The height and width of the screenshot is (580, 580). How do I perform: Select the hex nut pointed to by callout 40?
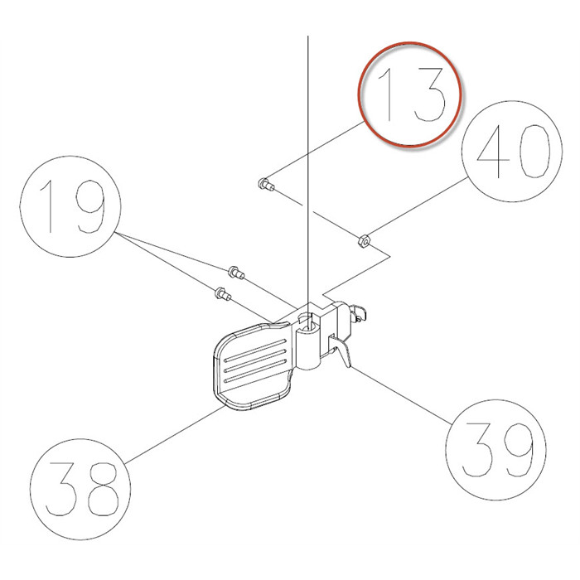pos(362,241)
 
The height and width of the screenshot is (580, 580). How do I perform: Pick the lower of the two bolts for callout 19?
pos(221,292)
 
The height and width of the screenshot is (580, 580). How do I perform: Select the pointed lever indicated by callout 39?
pos(341,352)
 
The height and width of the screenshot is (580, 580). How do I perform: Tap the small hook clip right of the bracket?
pos(358,312)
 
